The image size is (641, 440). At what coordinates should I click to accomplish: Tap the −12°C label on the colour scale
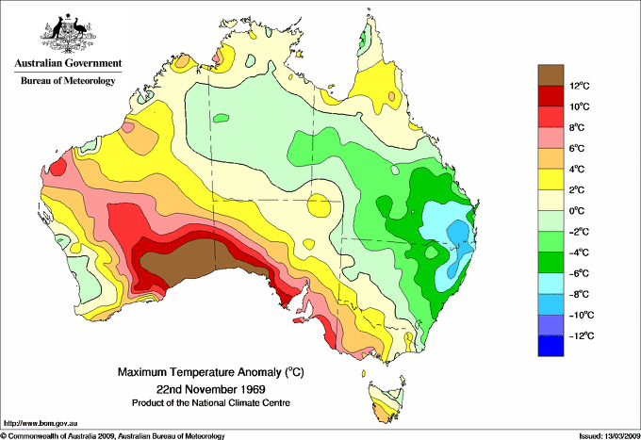[582, 335]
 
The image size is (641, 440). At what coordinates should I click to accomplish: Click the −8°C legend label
[582, 294]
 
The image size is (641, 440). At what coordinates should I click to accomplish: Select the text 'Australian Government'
[67, 64]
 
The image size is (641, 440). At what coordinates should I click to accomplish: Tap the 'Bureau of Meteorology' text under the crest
[67, 81]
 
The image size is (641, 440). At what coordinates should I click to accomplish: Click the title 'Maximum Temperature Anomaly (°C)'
[210, 374]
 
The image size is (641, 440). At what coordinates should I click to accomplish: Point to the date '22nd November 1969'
[210, 389]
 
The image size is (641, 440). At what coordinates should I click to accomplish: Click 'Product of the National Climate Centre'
[210, 403]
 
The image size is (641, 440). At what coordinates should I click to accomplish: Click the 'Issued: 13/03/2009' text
[600, 435]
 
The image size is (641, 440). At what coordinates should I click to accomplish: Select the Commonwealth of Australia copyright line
[113, 435]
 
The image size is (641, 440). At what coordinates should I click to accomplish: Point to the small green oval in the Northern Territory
[222, 119]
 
